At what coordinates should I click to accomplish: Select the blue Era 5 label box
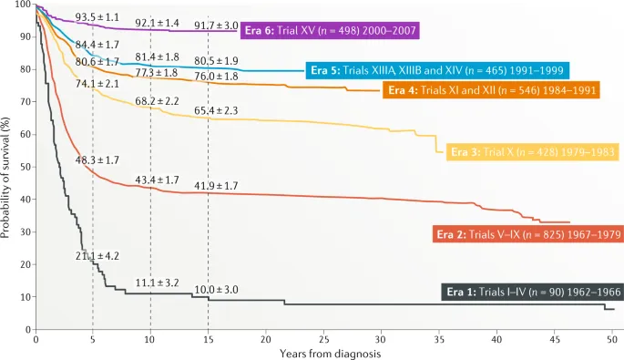(x=437, y=70)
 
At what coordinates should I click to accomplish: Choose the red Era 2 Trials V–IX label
(x=523, y=235)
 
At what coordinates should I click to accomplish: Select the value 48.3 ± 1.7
(x=97, y=160)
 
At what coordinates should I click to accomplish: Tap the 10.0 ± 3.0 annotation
(x=216, y=289)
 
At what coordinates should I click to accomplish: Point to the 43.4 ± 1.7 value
(x=157, y=180)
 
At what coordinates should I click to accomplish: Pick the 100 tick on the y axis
(x=23, y=5)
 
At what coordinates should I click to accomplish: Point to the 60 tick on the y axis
(x=25, y=134)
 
